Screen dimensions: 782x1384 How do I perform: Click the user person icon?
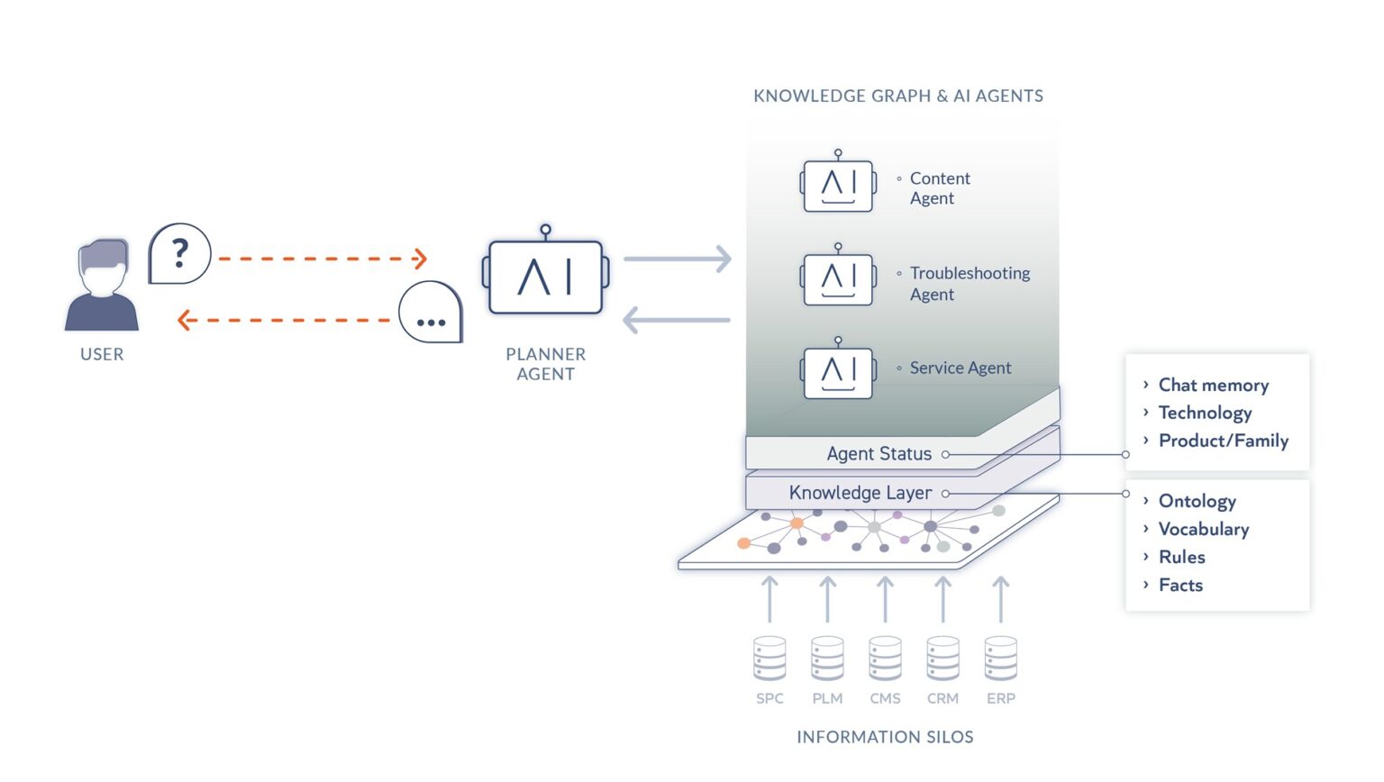[102, 286]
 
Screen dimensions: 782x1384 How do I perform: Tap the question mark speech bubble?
[179, 254]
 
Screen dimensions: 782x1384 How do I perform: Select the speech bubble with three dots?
[431, 314]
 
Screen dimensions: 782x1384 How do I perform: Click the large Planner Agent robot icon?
[546, 276]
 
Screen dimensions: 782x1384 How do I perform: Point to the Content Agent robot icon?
[838, 185]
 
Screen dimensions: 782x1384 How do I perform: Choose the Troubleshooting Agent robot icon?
[838, 278]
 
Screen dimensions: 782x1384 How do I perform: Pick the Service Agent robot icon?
[838, 371]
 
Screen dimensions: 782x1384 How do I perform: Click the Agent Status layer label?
[879, 454]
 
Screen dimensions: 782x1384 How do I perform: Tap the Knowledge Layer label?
[860, 493]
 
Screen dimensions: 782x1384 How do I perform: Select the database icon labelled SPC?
[769, 659]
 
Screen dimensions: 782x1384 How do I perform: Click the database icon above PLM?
[827, 659]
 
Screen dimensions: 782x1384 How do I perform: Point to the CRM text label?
[942, 698]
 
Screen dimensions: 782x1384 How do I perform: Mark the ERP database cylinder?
[1000, 659]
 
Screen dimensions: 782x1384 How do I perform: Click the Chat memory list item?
[1213, 386]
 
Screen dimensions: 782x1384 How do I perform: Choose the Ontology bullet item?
[1197, 501]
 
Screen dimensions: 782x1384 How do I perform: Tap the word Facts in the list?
[1180, 586]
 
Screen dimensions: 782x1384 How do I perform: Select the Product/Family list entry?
[1223, 441]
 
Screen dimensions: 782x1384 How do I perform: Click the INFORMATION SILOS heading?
[885, 737]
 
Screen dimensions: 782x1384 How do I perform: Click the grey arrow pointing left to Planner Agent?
[677, 320]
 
